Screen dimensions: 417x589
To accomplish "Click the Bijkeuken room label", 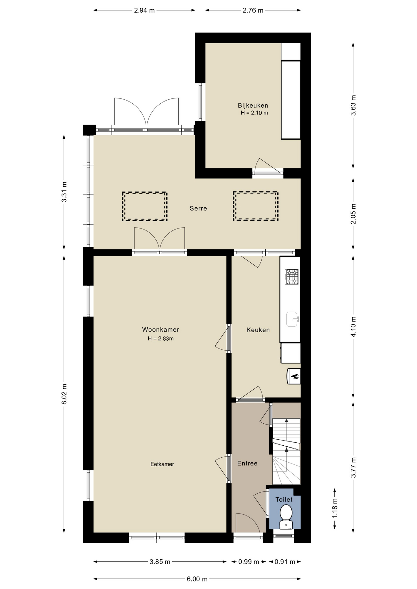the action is point(253,106).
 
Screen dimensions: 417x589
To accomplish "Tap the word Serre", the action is point(198,208).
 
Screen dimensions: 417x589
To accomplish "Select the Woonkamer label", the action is point(160,329).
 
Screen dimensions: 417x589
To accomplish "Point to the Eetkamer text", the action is point(162,464).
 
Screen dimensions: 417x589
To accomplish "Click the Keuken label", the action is point(258,330).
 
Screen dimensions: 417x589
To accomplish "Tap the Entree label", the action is point(247,463).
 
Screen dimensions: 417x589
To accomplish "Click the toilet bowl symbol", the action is point(286,517).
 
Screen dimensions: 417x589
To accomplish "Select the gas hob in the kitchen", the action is point(291,276).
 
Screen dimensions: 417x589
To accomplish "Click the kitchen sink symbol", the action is point(293,319).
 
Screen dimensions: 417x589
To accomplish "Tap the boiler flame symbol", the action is point(294,376).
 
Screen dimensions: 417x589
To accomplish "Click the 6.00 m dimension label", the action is point(197,579).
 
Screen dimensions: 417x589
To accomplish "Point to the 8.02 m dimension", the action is point(64,394).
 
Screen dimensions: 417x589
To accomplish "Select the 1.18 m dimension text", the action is point(335,508).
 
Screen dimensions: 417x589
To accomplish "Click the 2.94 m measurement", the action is point(144,10).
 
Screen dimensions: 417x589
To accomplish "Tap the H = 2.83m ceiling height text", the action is point(161,339).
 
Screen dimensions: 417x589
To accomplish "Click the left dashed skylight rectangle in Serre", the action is point(145,206).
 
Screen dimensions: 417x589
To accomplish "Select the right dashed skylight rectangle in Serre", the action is point(256,206).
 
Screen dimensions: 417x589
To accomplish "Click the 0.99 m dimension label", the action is point(249,562).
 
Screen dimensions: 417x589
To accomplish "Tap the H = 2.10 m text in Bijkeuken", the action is point(254,113).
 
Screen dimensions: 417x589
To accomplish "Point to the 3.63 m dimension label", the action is point(353,105).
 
